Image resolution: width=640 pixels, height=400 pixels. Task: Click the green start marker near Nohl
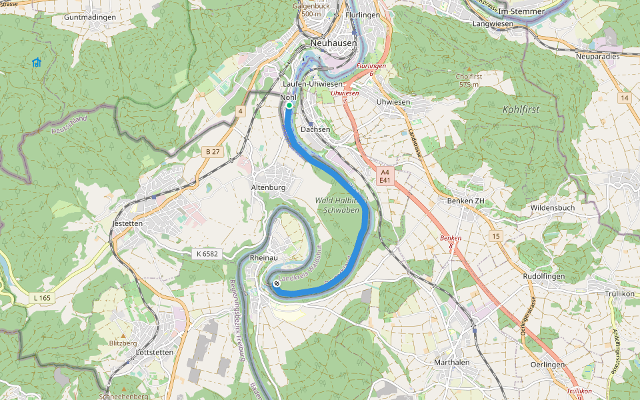[x=289, y=105]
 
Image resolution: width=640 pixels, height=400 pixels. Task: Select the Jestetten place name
[x=128, y=223]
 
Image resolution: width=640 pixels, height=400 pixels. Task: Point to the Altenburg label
[x=268, y=188]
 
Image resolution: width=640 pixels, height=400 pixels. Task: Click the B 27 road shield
[x=213, y=152]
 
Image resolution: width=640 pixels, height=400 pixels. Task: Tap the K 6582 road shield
[x=208, y=253]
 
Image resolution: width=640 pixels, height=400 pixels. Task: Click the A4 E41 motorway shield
[x=385, y=176]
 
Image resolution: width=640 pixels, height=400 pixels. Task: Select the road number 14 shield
[x=623, y=98]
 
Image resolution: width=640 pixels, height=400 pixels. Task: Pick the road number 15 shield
[x=494, y=236]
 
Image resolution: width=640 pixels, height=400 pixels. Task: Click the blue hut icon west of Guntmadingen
[x=37, y=62]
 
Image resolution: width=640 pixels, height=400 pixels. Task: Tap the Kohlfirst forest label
[x=521, y=109]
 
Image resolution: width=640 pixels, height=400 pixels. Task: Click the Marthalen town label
[x=451, y=362]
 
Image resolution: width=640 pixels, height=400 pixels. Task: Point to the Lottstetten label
[x=154, y=351]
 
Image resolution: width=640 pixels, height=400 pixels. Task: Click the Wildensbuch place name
[x=552, y=207]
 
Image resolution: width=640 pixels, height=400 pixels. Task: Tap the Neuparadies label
[x=597, y=57]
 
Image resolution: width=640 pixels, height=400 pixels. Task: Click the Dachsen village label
[x=315, y=129]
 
